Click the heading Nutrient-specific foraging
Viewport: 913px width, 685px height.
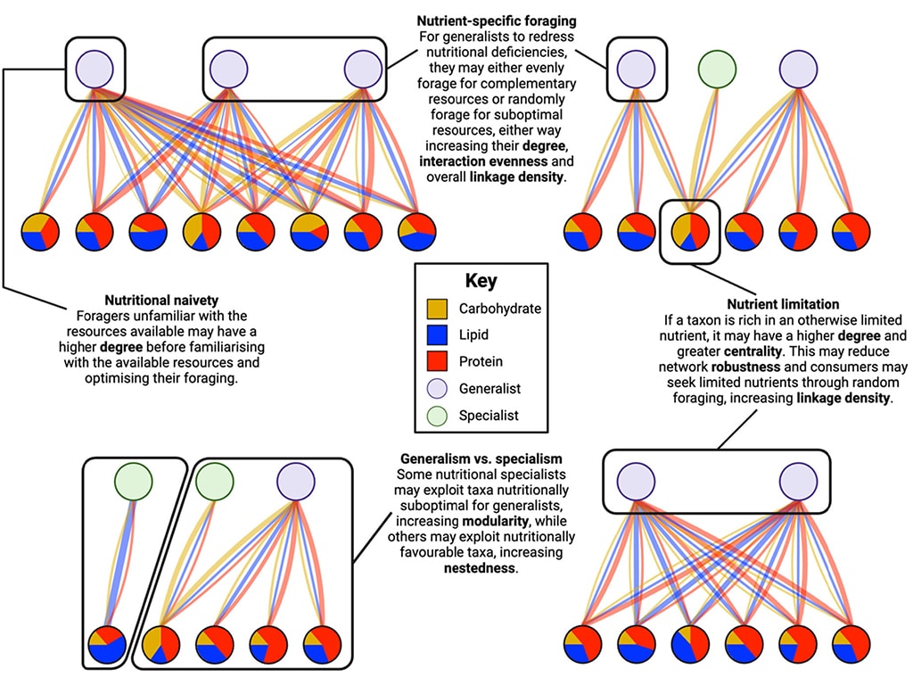click(x=497, y=21)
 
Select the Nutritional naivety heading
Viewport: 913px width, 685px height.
click(x=161, y=301)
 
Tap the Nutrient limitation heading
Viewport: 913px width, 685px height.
click(x=783, y=304)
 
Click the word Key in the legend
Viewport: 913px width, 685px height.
click(x=481, y=281)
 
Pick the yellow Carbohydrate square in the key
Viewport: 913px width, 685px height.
click(x=437, y=309)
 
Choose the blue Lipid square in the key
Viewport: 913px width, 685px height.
click(x=437, y=335)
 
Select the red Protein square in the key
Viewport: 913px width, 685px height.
click(x=437, y=361)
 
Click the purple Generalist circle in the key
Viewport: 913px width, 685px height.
click(x=437, y=389)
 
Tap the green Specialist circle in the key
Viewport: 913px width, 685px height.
click(x=437, y=416)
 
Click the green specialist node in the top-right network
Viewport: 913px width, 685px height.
click(x=717, y=69)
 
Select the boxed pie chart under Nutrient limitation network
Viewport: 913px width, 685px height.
click(x=690, y=231)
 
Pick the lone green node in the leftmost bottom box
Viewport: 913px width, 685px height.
click(x=134, y=482)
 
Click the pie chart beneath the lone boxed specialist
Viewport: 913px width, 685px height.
click(x=107, y=645)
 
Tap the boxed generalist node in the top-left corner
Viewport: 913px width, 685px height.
click(x=95, y=69)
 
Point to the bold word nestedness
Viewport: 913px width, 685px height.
click(x=479, y=568)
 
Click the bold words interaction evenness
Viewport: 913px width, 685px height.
click(x=483, y=161)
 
